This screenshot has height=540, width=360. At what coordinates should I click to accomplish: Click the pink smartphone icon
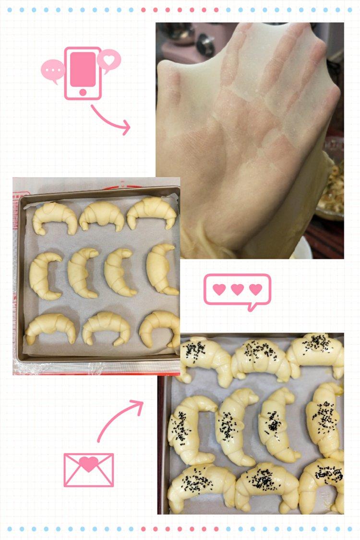83,73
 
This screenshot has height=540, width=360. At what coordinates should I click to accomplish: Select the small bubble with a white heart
109,60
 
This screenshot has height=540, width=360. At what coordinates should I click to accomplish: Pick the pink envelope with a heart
89,469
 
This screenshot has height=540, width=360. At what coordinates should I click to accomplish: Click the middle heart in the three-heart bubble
237,289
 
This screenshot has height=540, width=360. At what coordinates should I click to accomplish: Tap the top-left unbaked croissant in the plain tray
55,217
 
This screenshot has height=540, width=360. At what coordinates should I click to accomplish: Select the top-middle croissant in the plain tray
102,216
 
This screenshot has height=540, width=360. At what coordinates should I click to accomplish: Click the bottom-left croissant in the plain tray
50,327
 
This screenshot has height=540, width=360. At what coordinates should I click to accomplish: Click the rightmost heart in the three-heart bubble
255,289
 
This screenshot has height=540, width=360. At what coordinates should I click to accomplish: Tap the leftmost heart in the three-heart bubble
219,289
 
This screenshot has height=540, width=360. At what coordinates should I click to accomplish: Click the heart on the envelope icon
89,463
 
